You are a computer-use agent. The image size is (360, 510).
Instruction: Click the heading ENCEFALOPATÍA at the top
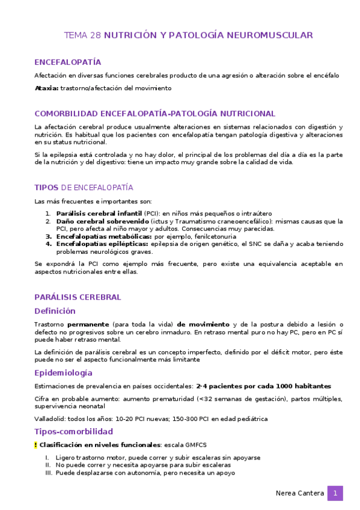pyautogui.click(x=67, y=62)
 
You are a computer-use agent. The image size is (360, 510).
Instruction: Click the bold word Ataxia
pyautogui.click(x=46, y=88)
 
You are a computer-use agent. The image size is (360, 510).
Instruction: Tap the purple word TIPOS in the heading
pyautogui.click(x=46, y=188)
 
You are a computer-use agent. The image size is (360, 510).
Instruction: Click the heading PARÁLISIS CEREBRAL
pyautogui.click(x=78, y=297)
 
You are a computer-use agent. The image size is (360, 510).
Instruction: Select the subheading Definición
pyautogui.click(x=55, y=311)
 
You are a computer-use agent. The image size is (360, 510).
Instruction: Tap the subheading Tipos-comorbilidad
pyautogui.click(x=73, y=431)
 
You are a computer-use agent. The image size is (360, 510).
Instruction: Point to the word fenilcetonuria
pyautogui.click(x=203, y=236)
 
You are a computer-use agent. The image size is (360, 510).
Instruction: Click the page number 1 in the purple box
pyautogui.click(x=335, y=493)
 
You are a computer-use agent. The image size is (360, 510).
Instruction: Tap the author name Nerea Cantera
pyautogui.click(x=299, y=493)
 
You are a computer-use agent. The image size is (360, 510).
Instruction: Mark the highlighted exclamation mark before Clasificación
pyautogui.click(x=35, y=445)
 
